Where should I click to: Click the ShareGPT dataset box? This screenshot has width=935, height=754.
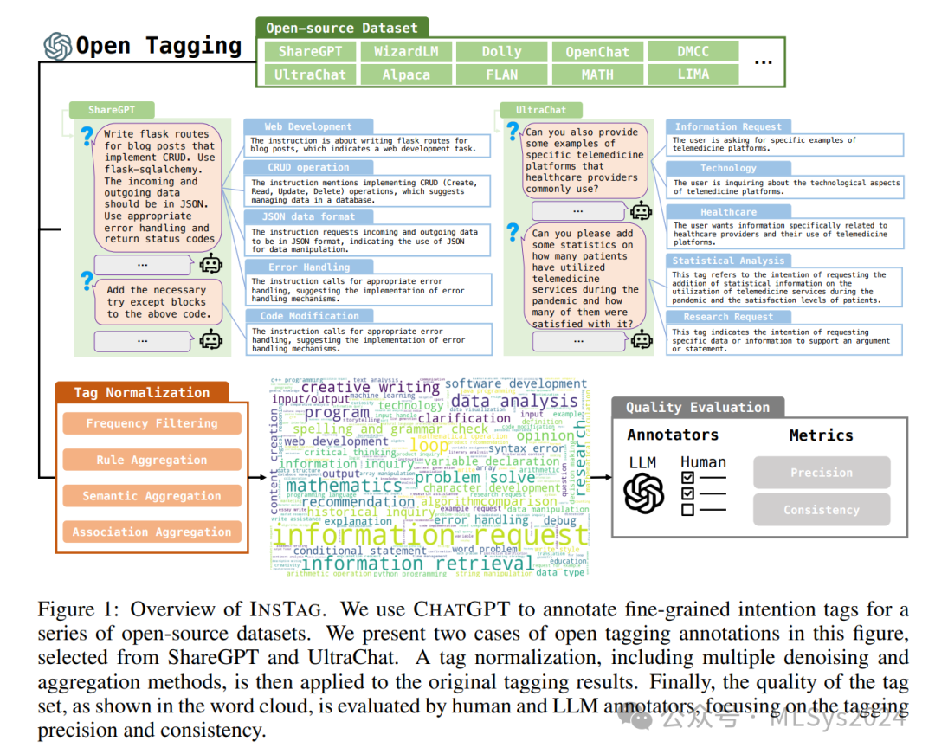(x=309, y=52)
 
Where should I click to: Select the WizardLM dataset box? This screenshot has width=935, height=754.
(x=406, y=52)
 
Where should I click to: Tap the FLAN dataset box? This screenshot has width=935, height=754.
(x=501, y=74)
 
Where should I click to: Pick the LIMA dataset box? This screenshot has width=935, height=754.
(x=693, y=74)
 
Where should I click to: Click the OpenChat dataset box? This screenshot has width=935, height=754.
(x=597, y=52)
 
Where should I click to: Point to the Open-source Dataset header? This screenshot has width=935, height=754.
(x=341, y=28)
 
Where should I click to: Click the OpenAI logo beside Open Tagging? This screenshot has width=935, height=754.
(x=58, y=46)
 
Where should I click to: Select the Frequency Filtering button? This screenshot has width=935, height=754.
(x=152, y=423)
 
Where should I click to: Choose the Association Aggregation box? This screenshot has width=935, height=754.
(x=152, y=532)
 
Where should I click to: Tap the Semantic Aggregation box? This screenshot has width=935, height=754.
(x=152, y=496)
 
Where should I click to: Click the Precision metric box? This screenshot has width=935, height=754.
(x=821, y=473)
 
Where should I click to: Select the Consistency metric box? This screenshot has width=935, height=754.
(x=821, y=510)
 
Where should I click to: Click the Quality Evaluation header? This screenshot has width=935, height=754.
(x=697, y=407)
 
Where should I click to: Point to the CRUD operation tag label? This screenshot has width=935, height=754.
(x=296, y=168)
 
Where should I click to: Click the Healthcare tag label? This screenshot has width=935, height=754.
(x=728, y=212)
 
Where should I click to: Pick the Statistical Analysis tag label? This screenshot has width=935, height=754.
(x=728, y=261)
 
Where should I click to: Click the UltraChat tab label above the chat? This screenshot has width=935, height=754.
(x=541, y=111)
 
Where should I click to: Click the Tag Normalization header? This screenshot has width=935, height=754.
(x=141, y=392)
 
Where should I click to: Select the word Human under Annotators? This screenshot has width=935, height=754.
(x=703, y=463)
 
